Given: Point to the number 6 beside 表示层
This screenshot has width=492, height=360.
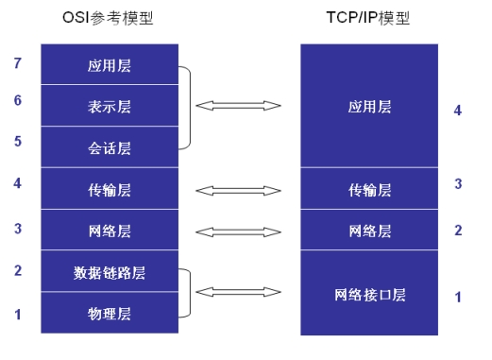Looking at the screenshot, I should tap(18, 98).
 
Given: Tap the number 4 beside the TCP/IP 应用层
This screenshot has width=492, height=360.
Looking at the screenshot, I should tap(458, 111).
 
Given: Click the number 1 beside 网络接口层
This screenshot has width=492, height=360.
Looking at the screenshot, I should tap(458, 297).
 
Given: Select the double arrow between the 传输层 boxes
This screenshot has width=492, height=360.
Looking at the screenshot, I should tap(238, 190).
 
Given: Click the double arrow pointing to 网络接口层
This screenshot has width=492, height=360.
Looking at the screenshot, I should tap(238, 292).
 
